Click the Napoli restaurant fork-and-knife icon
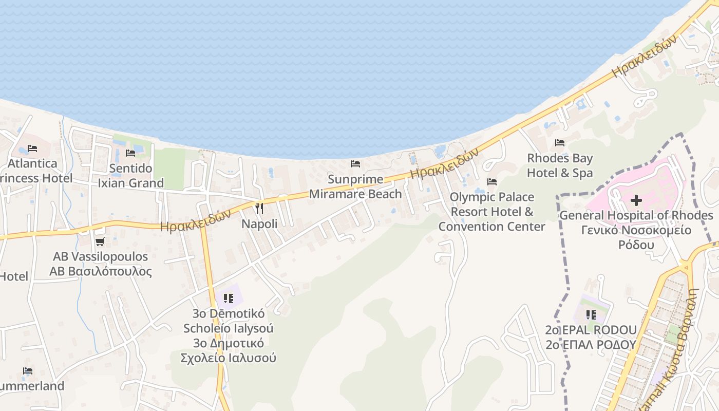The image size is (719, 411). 259,208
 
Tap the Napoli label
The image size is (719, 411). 259,224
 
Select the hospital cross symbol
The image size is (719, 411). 636,200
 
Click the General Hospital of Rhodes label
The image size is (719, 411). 636,215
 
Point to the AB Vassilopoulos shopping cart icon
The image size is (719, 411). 100,241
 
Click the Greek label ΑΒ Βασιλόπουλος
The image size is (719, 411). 101,271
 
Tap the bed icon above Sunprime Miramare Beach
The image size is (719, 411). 355,164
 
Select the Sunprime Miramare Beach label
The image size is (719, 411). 355,186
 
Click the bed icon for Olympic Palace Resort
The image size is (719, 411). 491,182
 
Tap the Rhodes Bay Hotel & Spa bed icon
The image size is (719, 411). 560,143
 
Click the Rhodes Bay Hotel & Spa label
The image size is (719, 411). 560,165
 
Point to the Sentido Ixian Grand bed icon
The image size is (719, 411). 130,153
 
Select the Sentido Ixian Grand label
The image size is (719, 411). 130,176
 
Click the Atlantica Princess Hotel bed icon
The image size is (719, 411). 32,148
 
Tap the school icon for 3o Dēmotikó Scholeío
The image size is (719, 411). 229,298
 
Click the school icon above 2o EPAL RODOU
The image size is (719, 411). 591,314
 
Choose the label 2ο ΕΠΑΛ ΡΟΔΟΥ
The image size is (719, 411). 591,345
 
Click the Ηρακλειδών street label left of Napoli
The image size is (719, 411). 196,222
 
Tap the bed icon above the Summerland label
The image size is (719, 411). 28,371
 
